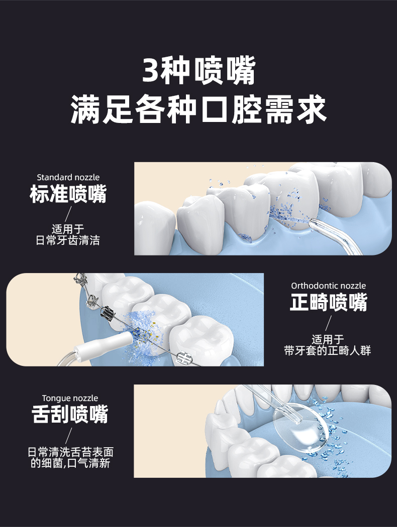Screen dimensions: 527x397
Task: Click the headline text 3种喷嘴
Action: (198, 71)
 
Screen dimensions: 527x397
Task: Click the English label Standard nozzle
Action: (68, 177)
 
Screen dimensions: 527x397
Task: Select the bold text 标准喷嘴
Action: (68, 194)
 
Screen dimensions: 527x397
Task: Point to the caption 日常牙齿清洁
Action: (68, 240)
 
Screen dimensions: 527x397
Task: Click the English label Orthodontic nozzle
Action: (329, 286)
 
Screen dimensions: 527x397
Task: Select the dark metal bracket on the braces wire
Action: (108, 316)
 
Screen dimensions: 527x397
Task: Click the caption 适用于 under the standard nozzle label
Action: (68, 229)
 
